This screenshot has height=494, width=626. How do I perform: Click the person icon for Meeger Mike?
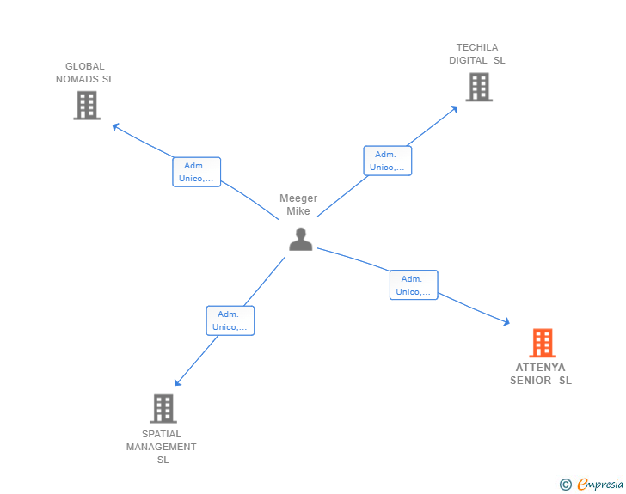(300, 239)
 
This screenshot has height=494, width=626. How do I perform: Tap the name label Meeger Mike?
(298, 204)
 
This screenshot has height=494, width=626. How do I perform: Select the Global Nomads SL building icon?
(87, 105)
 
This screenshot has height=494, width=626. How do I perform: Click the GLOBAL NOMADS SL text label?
(84, 73)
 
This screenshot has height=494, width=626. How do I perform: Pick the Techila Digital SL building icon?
(479, 87)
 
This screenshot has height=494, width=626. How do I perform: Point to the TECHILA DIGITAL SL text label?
(477, 54)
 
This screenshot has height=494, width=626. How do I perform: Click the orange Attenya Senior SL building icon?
(542, 343)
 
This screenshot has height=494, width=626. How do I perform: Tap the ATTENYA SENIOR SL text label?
(541, 374)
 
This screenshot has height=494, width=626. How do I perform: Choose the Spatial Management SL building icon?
(163, 408)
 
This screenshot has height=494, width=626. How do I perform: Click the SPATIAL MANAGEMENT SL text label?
(162, 447)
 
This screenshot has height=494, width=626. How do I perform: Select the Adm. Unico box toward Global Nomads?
(197, 172)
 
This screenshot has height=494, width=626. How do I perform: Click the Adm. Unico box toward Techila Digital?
(388, 161)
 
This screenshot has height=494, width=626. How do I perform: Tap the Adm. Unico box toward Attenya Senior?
(414, 285)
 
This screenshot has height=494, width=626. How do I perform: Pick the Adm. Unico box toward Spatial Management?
(230, 320)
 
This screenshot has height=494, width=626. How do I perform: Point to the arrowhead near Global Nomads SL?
(115, 127)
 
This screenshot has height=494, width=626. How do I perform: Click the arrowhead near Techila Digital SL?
(455, 108)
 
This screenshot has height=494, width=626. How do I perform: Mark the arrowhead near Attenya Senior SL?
(506, 322)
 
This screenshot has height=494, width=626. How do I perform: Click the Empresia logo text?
(600, 485)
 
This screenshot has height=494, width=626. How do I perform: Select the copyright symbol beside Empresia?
(566, 485)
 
